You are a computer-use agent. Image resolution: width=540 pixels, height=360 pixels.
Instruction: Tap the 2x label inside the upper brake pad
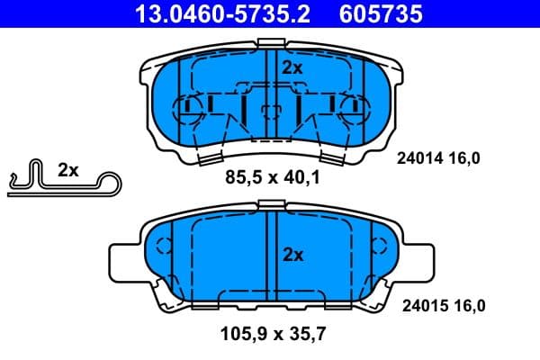pos(292,67)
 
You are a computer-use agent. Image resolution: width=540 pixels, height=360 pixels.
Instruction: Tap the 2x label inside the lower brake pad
pos(292,255)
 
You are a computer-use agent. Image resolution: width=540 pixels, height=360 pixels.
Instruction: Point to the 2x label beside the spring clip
pos(67,169)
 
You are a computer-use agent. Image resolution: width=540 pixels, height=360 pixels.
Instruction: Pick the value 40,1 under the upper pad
pos(301,178)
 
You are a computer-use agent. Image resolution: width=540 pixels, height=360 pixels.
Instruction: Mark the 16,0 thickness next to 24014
pos(464,158)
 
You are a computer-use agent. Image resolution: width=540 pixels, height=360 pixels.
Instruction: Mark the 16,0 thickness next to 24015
pos(467,306)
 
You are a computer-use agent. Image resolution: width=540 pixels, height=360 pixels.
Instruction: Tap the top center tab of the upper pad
pos(271,41)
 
